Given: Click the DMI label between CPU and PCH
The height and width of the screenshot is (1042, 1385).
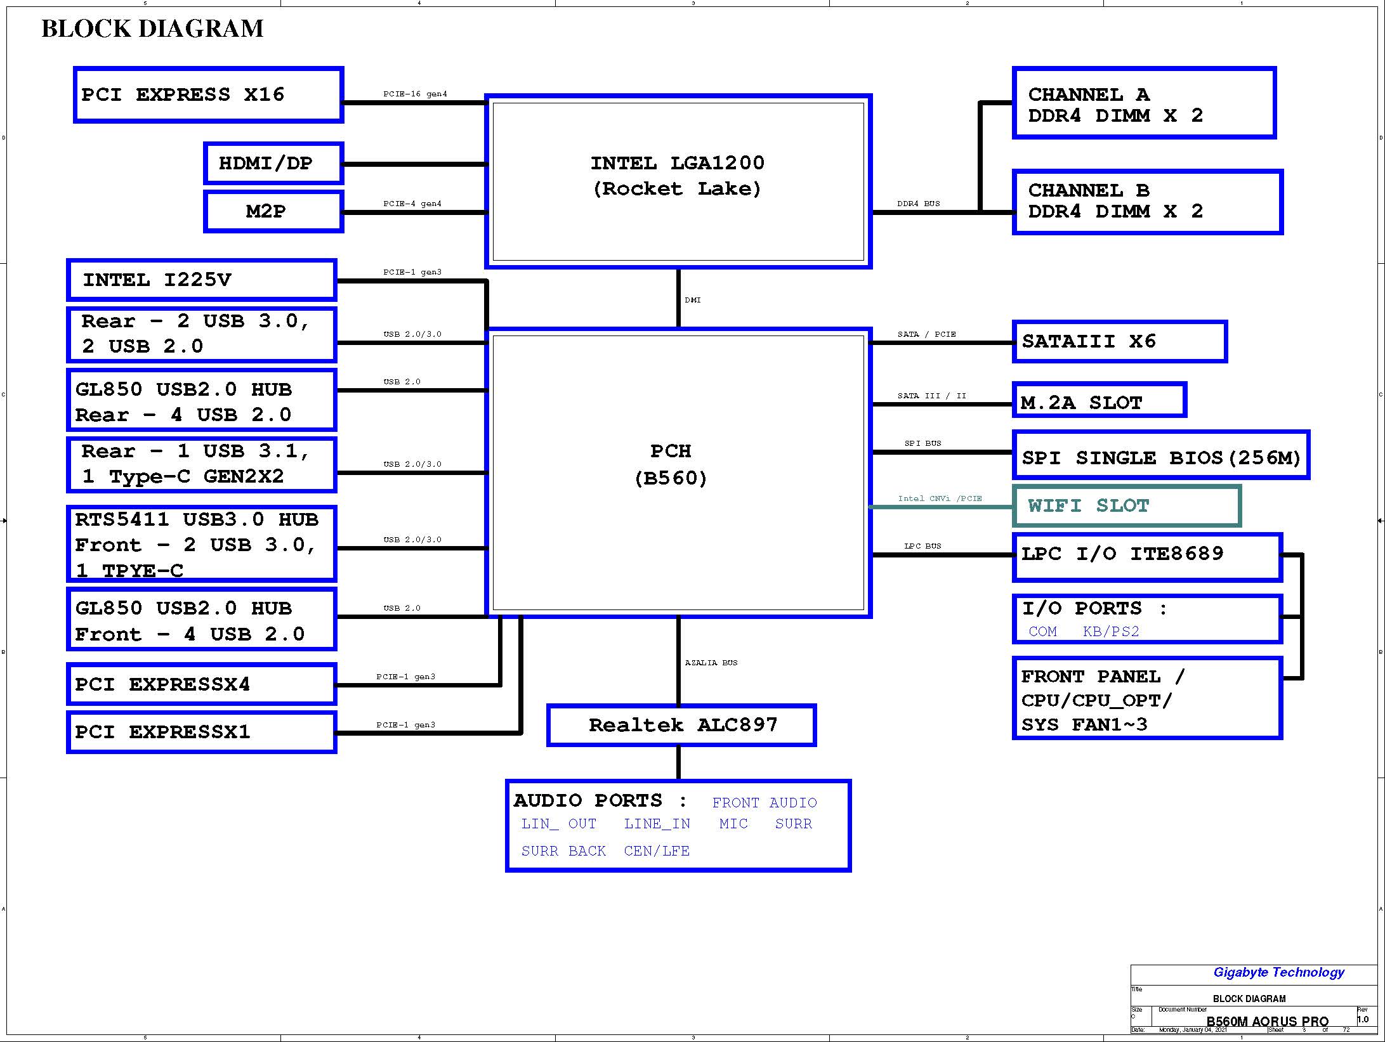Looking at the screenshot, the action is pyautogui.click(x=693, y=300).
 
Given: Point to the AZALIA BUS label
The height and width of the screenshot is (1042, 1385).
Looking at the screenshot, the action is pyautogui.click(x=711, y=663).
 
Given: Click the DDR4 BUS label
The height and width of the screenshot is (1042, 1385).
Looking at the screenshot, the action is pyautogui.click(x=918, y=204).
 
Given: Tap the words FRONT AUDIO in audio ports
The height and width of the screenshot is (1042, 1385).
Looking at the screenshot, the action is pyautogui.click(x=765, y=803).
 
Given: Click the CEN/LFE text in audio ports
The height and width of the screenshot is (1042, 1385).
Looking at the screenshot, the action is pyautogui.click(x=657, y=851).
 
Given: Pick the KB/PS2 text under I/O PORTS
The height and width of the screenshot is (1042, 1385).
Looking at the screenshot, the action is pyautogui.click(x=1111, y=632).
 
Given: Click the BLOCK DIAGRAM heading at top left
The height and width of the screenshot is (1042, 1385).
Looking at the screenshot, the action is pyautogui.click(x=152, y=29).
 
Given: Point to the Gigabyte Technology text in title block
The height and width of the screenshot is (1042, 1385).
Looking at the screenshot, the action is pyautogui.click(x=1278, y=972).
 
